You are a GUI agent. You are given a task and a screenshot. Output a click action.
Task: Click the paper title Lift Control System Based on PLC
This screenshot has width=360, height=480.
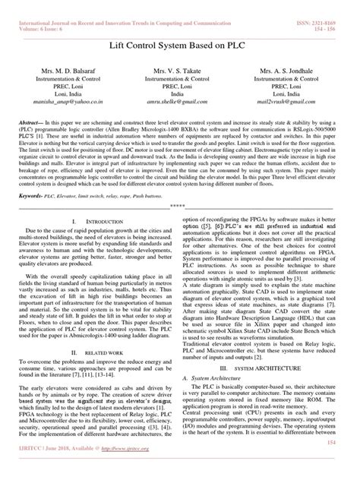click(179, 44)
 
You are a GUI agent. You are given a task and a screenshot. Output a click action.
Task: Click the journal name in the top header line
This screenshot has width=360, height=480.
click(129, 5)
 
